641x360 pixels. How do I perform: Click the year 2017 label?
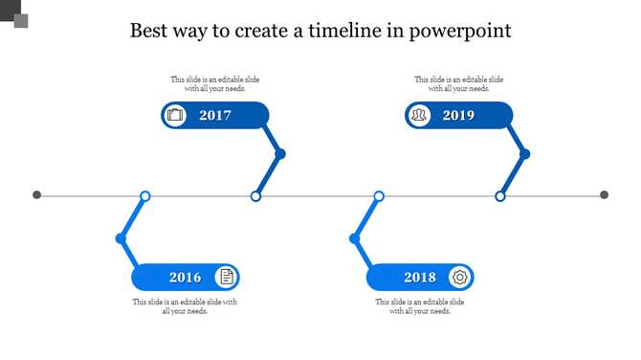[215, 116]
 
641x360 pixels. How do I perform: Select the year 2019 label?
[458, 116]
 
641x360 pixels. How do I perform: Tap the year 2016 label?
[186, 278]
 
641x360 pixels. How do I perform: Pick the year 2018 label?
[419, 278]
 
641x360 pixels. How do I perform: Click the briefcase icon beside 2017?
[175, 116]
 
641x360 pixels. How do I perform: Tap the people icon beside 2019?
[419, 116]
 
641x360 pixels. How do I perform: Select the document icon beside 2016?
[227, 278]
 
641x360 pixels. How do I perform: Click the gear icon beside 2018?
[460, 278]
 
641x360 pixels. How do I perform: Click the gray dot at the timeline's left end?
[37, 195]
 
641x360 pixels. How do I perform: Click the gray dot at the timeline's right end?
[604, 195]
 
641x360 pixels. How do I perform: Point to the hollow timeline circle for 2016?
[145, 196]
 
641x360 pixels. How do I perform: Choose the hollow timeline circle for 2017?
[255, 196]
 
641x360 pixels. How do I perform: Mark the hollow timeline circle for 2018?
[379, 196]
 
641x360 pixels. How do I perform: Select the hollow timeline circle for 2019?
[499, 196]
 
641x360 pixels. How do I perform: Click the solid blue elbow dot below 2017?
[280, 154]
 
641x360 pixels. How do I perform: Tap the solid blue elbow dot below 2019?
[524, 154]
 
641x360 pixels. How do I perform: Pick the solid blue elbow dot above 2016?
[121, 238]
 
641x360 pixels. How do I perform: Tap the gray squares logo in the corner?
[15, 16]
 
